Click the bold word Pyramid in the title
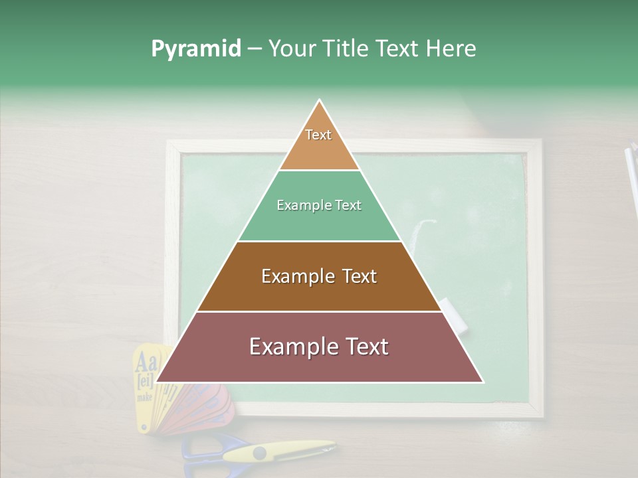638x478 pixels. (195, 49)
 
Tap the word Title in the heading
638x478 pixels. (345, 49)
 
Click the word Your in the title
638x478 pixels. (292, 49)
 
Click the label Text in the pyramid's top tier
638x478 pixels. (318, 135)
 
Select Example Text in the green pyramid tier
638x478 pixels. (319, 205)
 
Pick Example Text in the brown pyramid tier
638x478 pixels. (319, 276)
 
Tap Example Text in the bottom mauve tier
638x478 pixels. (319, 347)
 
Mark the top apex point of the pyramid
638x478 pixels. (320, 100)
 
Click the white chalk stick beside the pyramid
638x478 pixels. (454, 315)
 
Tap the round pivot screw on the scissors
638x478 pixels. (259, 453)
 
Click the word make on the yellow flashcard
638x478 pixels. (144, 397)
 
